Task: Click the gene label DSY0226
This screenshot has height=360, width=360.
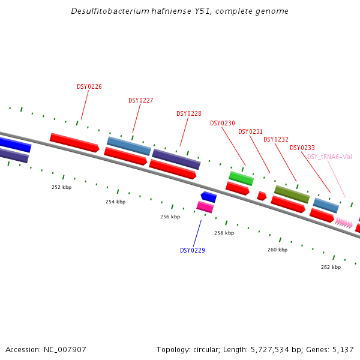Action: click(89, 86)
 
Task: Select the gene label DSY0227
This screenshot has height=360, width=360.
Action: click(141, 100)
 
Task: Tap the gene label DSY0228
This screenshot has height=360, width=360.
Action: click(189, 113)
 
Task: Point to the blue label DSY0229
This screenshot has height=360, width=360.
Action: click(193, 250)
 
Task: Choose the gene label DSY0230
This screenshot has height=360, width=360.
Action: click(223, 123)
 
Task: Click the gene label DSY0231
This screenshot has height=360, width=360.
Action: click(250, 131)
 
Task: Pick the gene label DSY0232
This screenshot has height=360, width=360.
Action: click(276, 139)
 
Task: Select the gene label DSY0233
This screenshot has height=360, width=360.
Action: click(302, 148)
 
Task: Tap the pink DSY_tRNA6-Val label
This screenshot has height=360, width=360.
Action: click(329, 157)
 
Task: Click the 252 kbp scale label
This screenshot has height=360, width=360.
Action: click(61, 187)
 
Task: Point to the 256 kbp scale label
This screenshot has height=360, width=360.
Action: click(170, 217)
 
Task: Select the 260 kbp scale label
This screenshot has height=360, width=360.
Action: click(277, 249)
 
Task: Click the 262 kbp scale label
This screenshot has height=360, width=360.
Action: click(331, 267)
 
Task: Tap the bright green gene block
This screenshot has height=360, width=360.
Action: click(241, 178)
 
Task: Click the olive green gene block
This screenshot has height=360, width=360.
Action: click(292, 194)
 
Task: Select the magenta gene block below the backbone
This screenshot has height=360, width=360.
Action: click(205, 207)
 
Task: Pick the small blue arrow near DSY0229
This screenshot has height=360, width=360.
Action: click(209, 197)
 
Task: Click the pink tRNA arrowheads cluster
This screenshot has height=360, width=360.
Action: click(344, 223)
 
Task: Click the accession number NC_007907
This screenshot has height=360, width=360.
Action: click(66, 349)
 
